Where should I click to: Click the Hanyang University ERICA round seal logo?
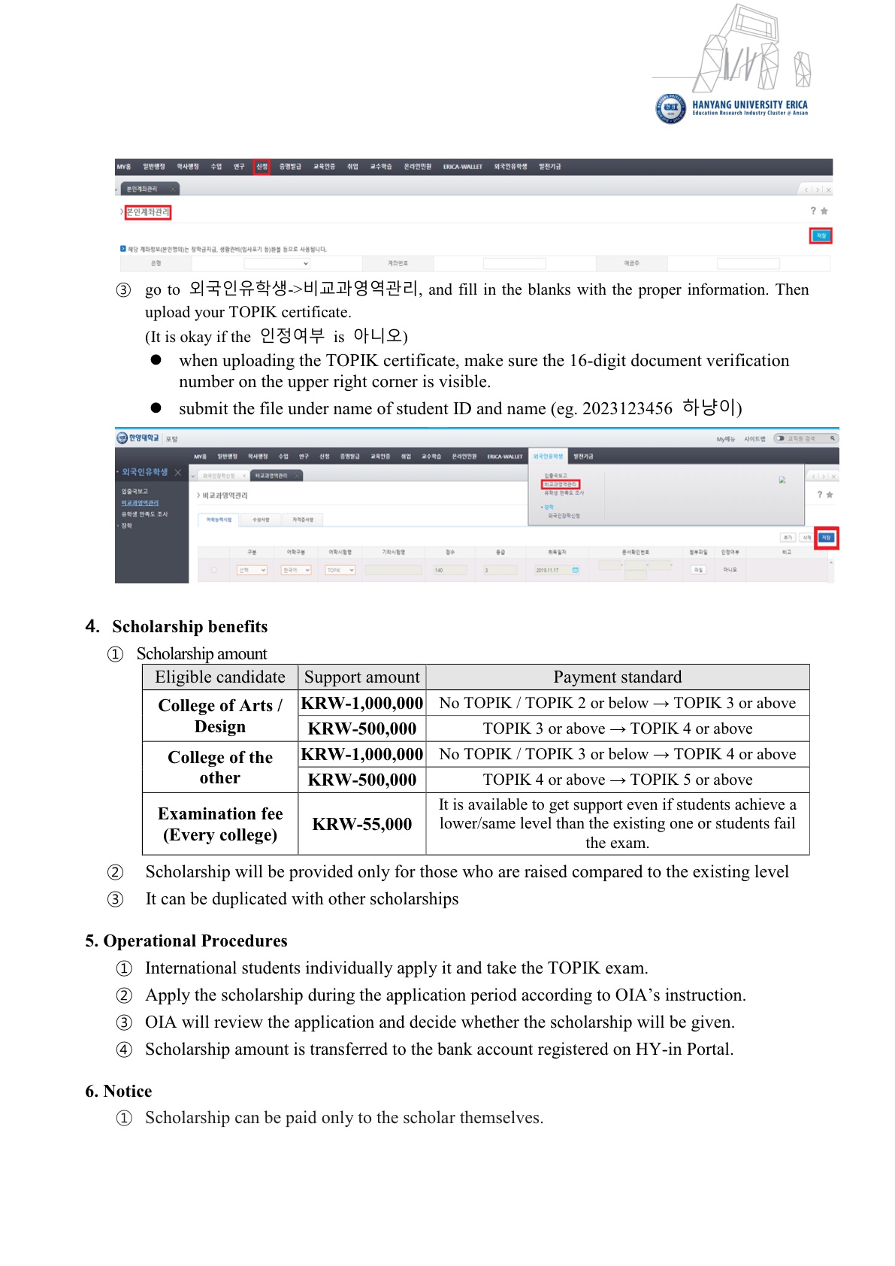[670, 108]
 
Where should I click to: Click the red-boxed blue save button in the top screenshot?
[821, 236]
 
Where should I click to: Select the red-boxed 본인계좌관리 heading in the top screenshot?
[148, 213]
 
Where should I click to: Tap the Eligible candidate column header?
[220, 677]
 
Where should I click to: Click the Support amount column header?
[362, 677]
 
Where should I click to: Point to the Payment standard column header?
[617, 677]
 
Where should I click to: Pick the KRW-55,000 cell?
[362, 824]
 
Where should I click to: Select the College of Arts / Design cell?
[220, 716]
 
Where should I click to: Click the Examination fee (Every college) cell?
[220, 824]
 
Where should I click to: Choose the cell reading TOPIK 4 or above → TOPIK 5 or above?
[617, 780]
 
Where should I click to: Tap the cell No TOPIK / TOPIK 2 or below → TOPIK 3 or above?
[617, 703]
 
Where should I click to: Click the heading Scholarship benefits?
[189, 627]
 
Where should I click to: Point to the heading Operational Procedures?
[195, 941]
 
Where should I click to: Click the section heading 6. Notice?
[119, 1092]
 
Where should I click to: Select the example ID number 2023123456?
[627, 409]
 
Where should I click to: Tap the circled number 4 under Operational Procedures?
[124, 1049]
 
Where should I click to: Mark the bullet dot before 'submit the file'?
[156, 408]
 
